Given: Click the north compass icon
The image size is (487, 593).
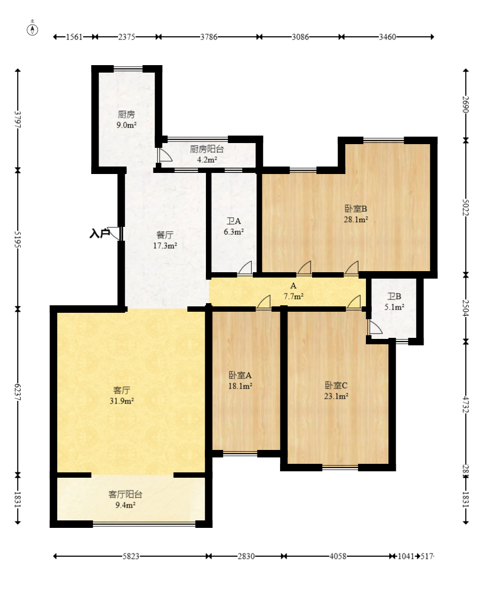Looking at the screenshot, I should coord(33,29).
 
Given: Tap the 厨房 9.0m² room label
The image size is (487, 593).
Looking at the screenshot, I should coord(126,120).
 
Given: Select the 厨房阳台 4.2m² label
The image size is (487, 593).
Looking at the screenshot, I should coord(207,154).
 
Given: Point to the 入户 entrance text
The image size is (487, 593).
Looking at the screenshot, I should coord(99,233).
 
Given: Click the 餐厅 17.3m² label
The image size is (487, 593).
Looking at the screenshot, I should coord(165,240).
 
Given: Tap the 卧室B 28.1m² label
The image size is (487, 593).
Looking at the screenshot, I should coord(356,214).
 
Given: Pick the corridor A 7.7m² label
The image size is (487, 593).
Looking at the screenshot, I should coord(293,291).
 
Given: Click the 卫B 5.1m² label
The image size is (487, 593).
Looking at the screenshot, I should coord(394,302).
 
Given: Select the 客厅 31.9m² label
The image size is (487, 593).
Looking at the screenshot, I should coord(122,396).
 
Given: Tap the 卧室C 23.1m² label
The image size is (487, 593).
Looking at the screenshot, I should coord(337,390).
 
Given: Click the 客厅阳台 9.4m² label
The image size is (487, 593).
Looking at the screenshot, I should coord(125,499).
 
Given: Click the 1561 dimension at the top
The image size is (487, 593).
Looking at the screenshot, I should coord(74,37).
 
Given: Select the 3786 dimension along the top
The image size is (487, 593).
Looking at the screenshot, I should coord(209,37).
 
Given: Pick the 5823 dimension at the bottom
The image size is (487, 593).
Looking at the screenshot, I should coord(131,556).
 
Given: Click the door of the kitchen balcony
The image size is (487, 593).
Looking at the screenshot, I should coord(164,155).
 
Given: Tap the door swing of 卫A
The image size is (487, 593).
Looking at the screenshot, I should coord(246,268).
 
